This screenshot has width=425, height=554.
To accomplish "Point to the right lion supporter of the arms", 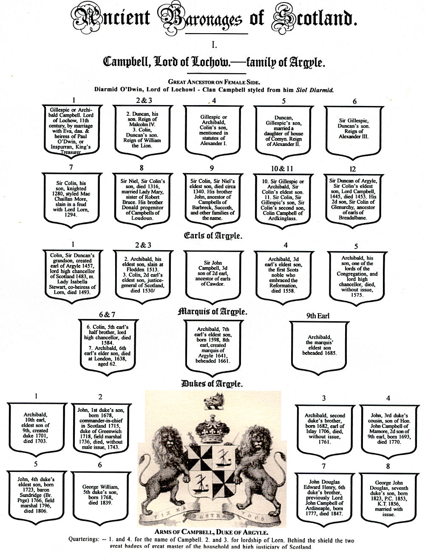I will (256, 460).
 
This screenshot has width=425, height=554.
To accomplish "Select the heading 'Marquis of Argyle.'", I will (212, 311).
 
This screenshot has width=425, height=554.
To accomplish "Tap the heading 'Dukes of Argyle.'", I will (212, 384).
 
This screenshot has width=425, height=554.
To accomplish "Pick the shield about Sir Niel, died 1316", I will (142, 199).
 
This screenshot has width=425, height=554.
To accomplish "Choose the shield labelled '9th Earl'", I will (319, 345).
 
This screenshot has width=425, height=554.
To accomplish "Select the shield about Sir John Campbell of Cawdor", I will (212, 274).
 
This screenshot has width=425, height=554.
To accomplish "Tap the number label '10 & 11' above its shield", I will (283, 168).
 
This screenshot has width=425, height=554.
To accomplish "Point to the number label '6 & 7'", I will (107, 314).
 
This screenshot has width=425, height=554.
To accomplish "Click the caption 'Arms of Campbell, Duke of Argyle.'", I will (211, 532).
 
